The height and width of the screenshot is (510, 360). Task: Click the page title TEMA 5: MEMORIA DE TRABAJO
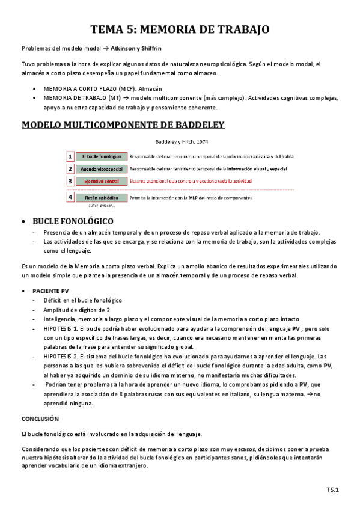tap(180, 29)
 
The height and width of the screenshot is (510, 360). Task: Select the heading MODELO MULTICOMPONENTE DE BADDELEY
tap(123, 125)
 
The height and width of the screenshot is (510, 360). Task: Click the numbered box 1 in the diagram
tap(70, 156)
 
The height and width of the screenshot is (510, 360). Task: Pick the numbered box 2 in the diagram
tap(70, 169)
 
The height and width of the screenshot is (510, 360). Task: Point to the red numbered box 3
tap(70, 181)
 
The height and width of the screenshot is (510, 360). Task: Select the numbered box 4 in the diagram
tap(70, 197)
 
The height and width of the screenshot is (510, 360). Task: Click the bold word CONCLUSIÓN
tap(40, 417)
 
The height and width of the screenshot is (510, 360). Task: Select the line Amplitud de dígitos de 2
tap(76, 309)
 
